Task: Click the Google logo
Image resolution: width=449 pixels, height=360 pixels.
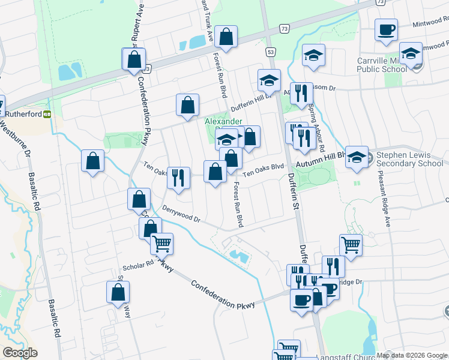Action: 19,353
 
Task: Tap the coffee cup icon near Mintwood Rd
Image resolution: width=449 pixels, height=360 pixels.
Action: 387,29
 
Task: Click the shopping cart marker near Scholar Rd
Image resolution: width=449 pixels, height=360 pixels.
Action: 161,243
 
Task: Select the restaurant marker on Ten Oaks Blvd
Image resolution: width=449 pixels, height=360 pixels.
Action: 178,178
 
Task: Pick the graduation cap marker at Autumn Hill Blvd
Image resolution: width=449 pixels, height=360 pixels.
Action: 357,157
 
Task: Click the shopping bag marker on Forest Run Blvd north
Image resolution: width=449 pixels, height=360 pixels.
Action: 226,37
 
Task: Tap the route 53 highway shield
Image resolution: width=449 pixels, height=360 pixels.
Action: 271,53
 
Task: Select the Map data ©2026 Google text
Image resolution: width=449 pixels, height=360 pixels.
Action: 412,355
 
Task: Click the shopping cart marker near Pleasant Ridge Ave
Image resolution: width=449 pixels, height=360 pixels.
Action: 351,244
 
